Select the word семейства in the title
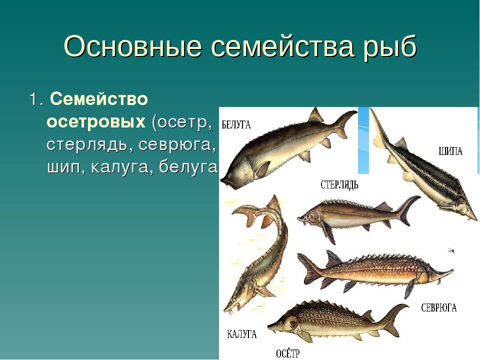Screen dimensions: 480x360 coord(282,47)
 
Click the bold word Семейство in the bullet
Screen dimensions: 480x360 coord(99,99)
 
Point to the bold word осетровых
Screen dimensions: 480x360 coord(96,122)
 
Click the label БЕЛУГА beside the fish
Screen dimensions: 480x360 coord(236,125)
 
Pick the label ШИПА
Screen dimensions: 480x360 coord(450,151)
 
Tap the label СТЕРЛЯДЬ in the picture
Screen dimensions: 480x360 coord(339,185)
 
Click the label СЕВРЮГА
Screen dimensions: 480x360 coord(438,307)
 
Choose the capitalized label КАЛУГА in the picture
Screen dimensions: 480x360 coord(241,334)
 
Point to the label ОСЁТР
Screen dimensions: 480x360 coord(288,353)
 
